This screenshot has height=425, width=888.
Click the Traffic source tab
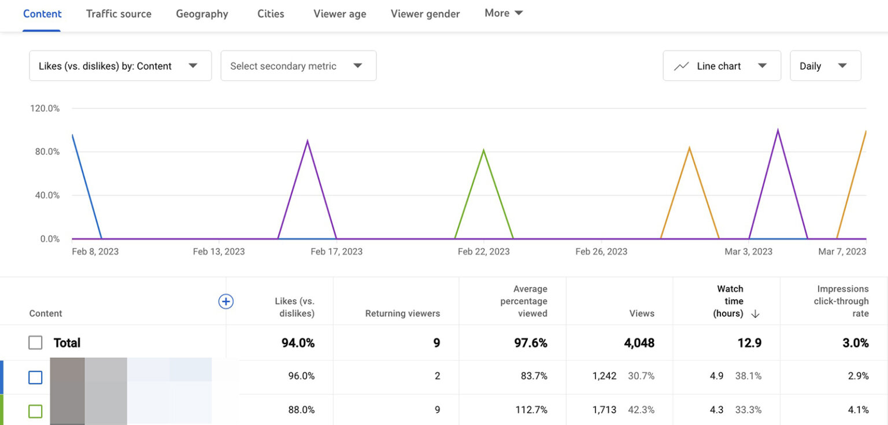click(119, 14)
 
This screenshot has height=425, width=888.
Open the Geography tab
click(202, 14)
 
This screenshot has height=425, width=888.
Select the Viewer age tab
click(339, 14)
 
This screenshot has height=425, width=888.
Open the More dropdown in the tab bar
click(504, 13)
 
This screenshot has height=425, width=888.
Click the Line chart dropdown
click(721, 66)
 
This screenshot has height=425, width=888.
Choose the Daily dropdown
click(825, 66)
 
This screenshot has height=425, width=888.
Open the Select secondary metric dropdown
click(298, 66)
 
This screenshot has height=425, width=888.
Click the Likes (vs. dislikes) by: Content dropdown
click(120, 66)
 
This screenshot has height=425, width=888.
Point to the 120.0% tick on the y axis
click(45, 108)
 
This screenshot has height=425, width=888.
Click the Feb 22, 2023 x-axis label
click(483, 252)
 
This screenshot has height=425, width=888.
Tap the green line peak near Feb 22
click(483, 150)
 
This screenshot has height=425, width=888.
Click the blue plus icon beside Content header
click(225, 301)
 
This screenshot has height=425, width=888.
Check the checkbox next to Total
click(35, 343)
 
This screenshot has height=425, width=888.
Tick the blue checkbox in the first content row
click(35, 378)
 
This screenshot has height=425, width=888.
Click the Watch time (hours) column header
click(731, 301)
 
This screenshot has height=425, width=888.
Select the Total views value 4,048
click(639, 343)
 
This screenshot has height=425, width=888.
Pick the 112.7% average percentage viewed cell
click(531, 410)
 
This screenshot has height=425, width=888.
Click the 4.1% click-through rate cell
click(858, 410)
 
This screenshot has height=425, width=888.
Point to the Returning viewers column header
click(402, 313)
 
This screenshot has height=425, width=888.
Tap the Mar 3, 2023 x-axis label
click(748, 252)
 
